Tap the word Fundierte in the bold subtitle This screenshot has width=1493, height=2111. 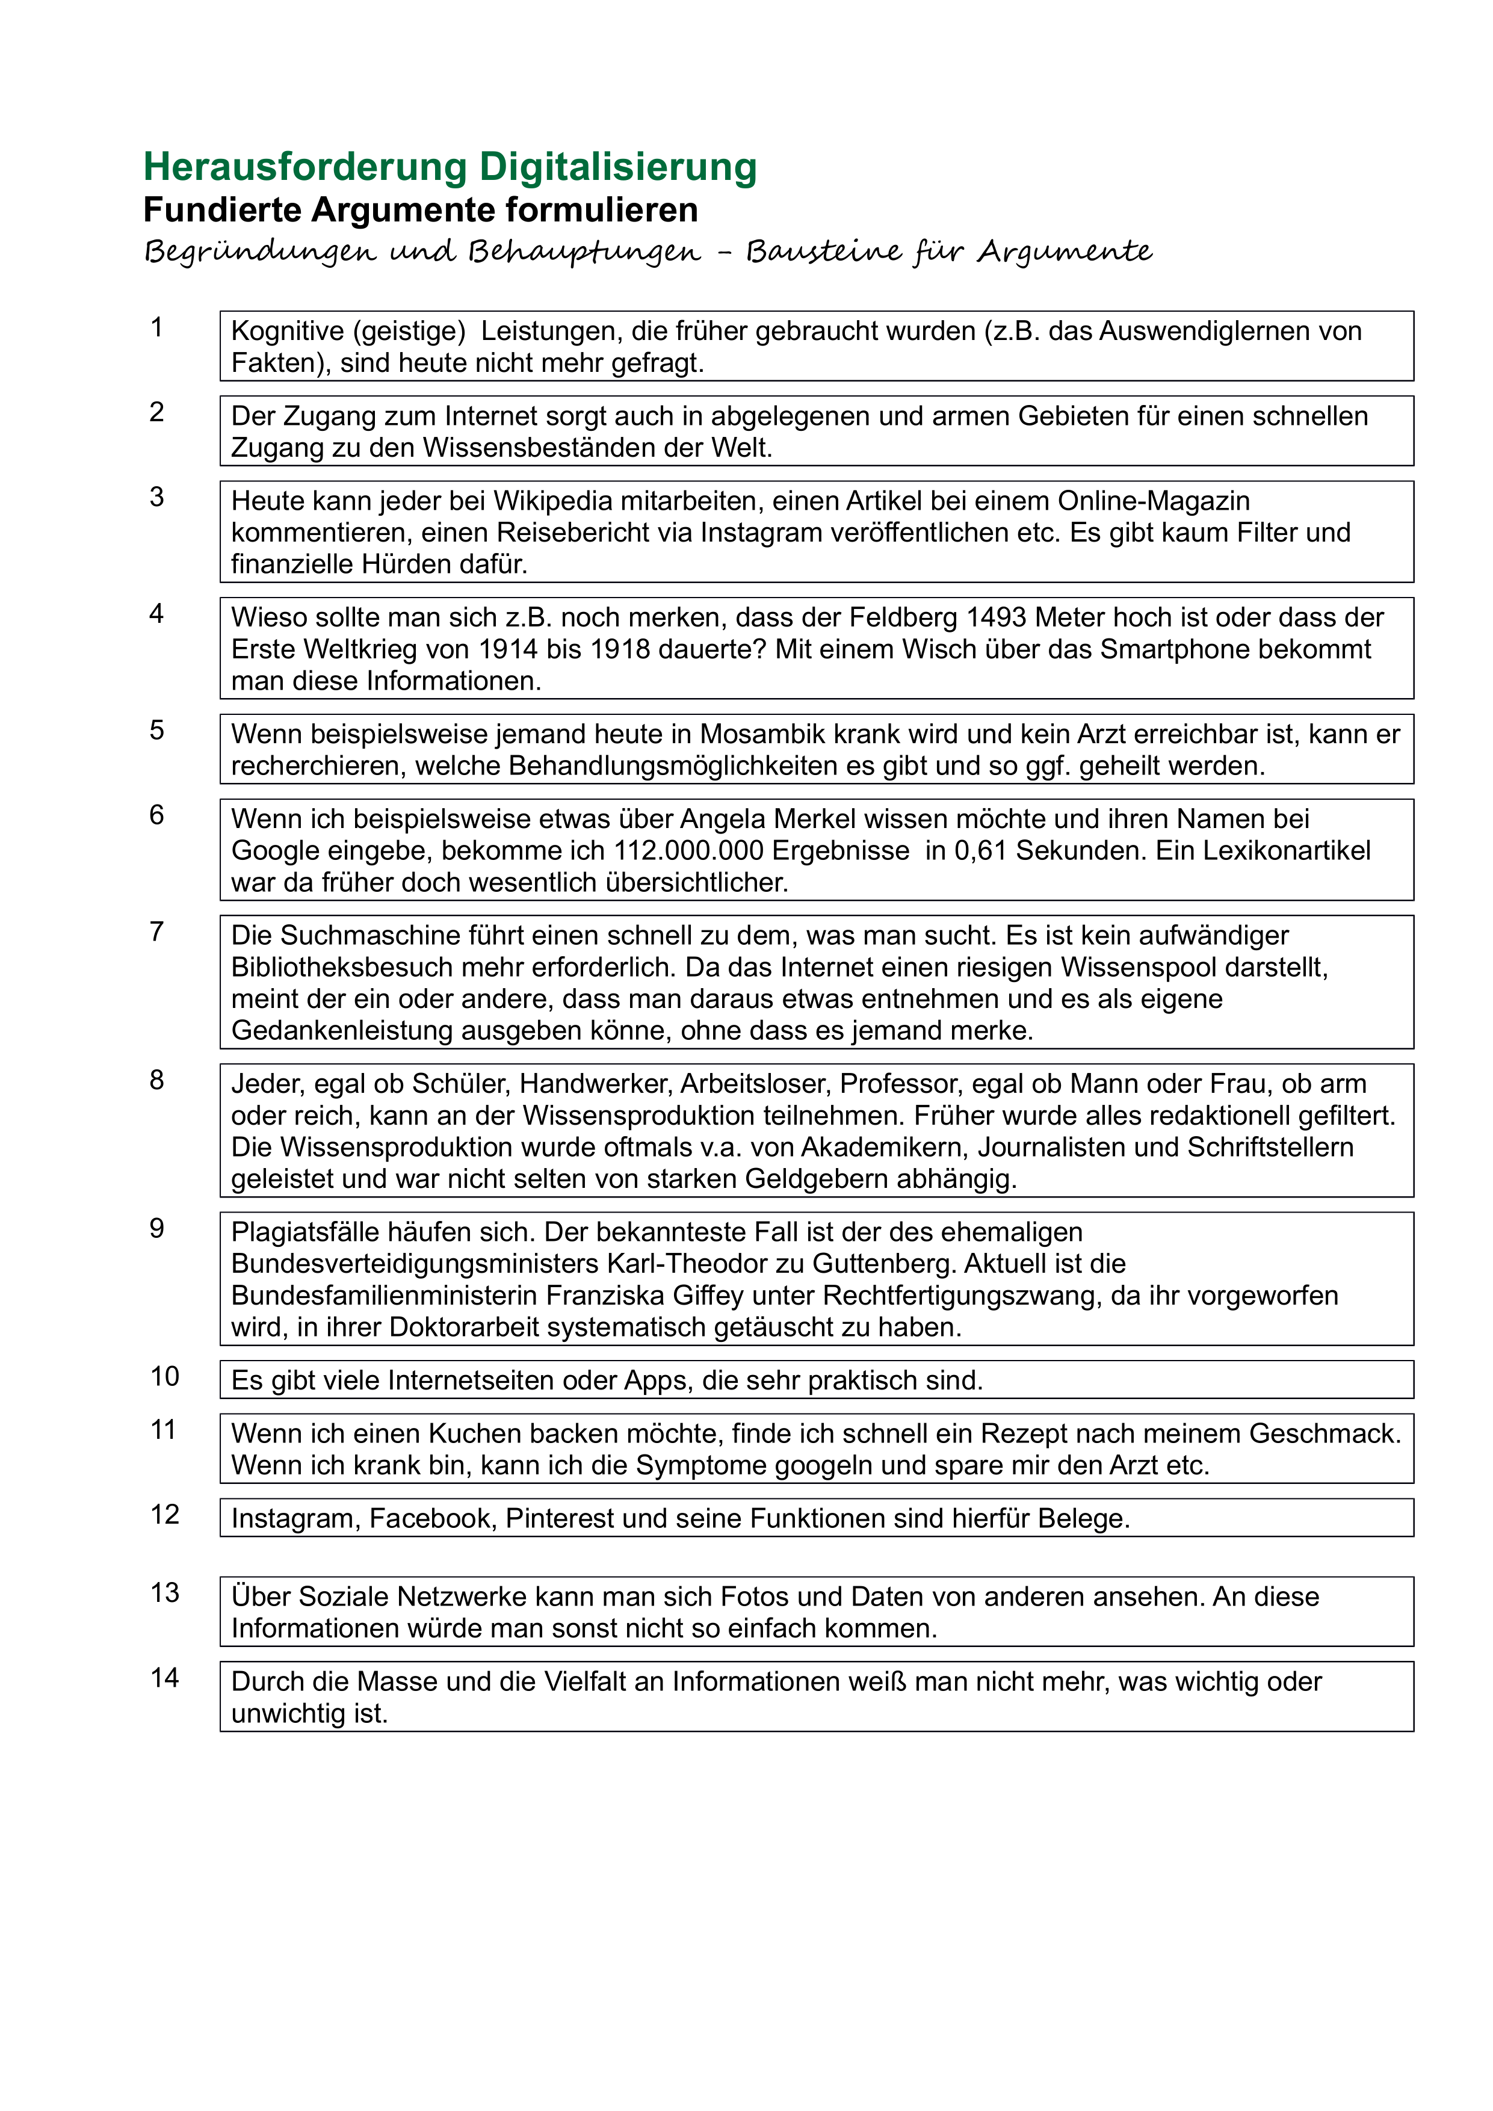tap(223, 211)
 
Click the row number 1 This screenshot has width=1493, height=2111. tap(157, 327)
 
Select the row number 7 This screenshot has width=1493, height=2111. tap(157, 932)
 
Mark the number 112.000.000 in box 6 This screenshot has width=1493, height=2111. tap(688, 852)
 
